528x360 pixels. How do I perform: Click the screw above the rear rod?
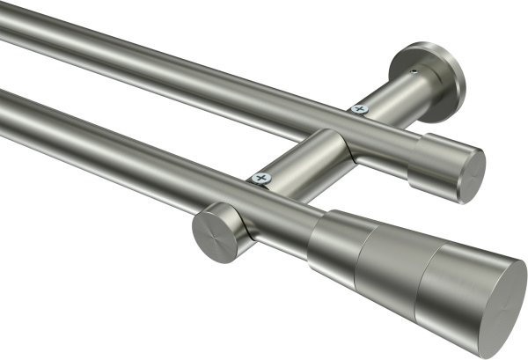coord(358,109)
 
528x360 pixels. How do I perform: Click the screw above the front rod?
coord(260,178)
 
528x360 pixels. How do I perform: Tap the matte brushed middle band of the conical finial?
coord(387,254)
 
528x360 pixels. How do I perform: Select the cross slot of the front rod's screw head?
coord(260,178)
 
